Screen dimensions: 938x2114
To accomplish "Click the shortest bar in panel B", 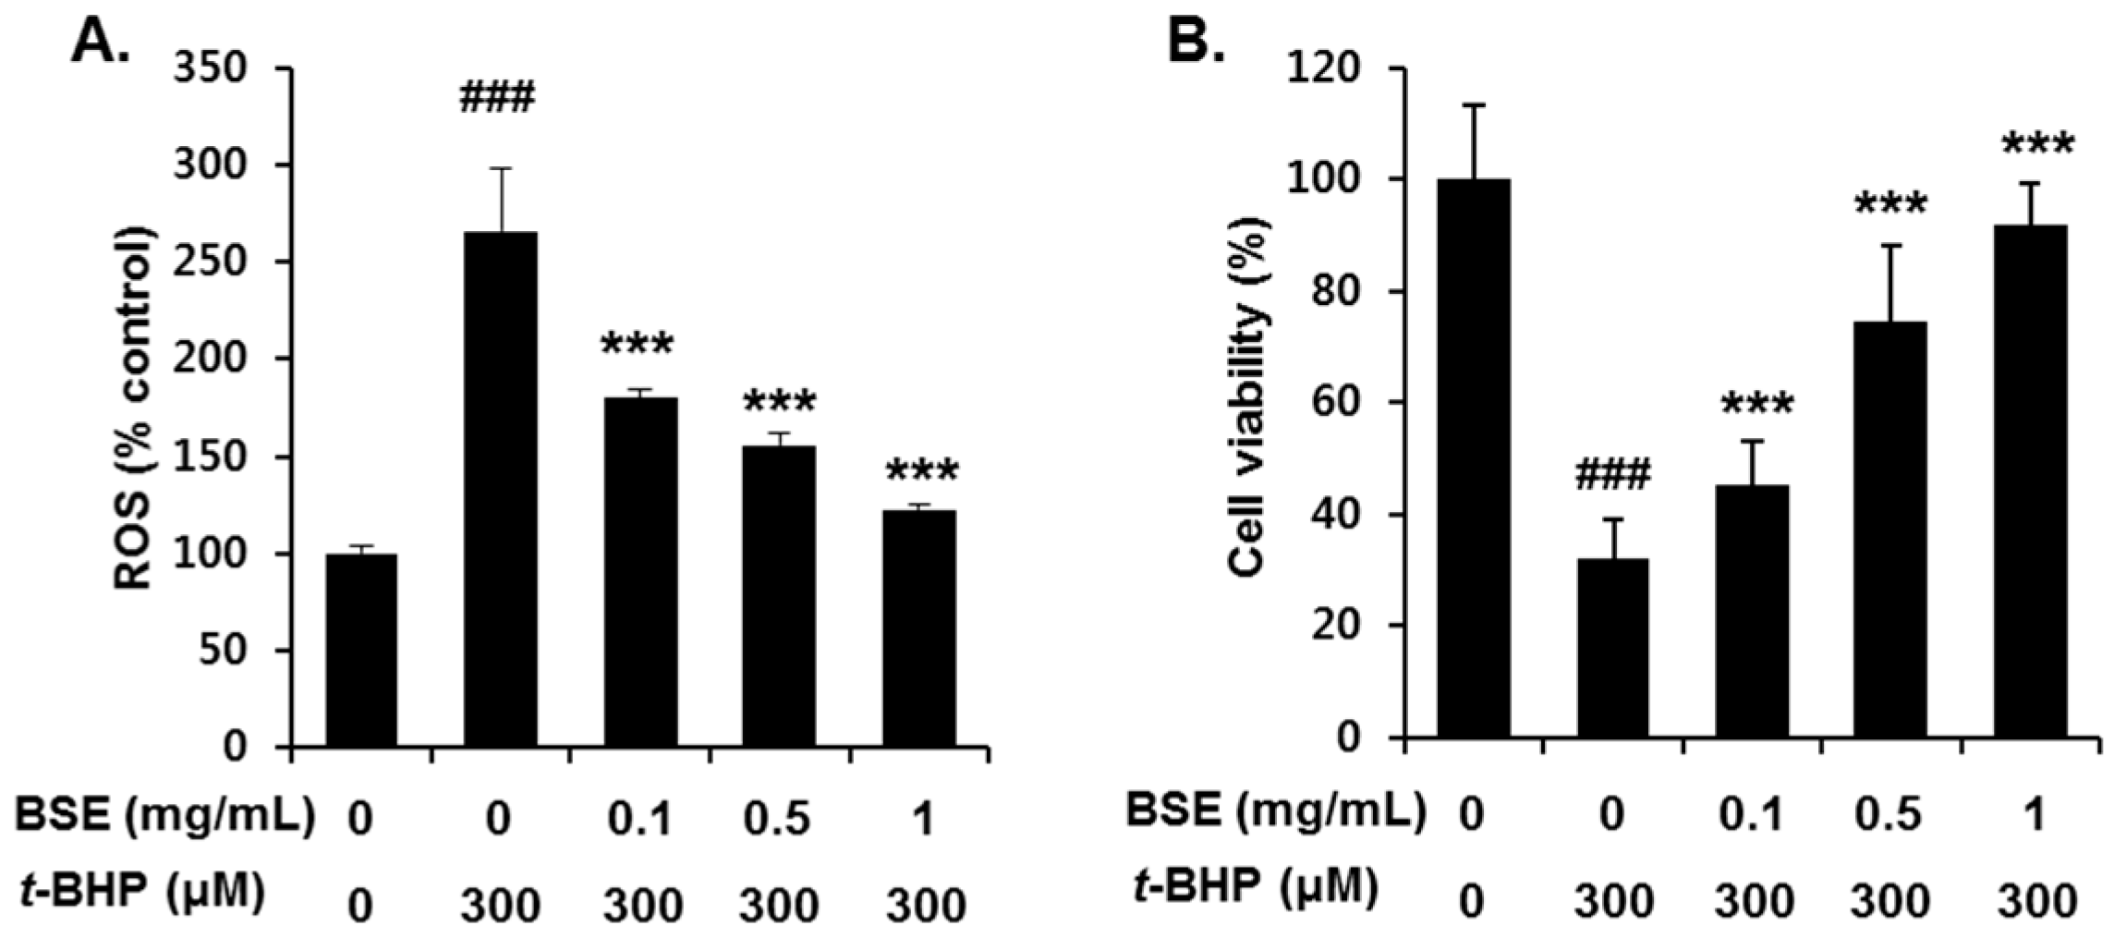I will (1612, 647).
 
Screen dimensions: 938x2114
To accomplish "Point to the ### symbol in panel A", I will (497, 97).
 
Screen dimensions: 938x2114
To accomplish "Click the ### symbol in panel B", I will (1611, 476).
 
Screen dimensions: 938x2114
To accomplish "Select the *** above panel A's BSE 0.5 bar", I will (779, 402).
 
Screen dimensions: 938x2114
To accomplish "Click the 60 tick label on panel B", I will (1336, 403).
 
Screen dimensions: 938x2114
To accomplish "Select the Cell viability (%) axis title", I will (1248, 398).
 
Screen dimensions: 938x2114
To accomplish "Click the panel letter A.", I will (99, 42).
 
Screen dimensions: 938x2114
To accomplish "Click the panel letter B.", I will (1196, 42).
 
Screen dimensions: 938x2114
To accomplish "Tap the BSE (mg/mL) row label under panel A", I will (164, 816).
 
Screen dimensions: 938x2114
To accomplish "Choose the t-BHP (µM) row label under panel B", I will (1255, 888).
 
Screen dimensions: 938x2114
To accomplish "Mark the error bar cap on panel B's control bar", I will (1473, 105).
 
